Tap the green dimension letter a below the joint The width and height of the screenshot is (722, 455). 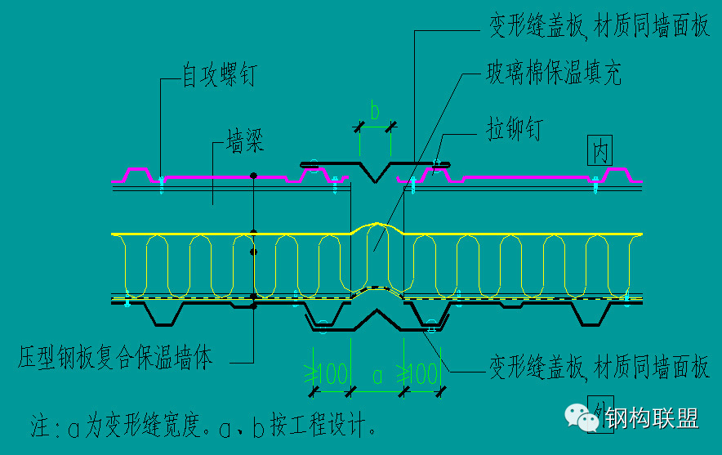pyautogui.click(x=377, y=376)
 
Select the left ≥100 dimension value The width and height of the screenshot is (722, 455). pyautogui.click(x=328, y=376)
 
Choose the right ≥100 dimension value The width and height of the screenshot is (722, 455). pyautogui.click(x=421, y=376)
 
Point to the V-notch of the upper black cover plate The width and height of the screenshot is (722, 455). pyautogui.click(x=376, y=178)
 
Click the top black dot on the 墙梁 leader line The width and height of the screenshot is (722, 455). pyautogui.click(x=254, y=175)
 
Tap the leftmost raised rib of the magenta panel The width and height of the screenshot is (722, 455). pyautogui.click(x=136, y=172)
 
